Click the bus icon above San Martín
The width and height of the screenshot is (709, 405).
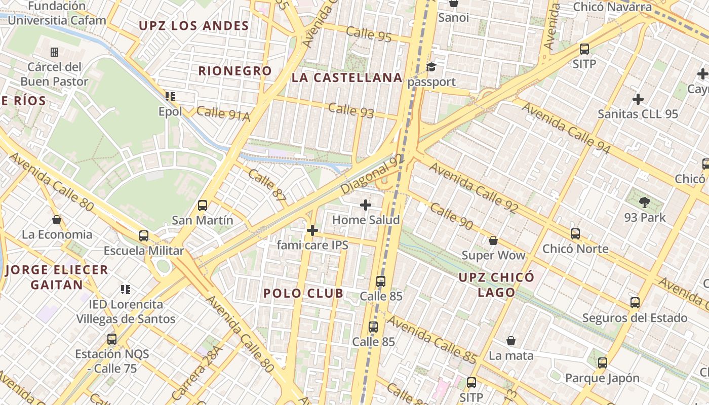[x=203, y=206]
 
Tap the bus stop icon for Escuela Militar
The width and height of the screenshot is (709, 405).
[x=144, y=236]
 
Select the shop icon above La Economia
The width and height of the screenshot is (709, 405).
[x=57, y=220]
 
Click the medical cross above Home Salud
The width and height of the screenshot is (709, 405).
[x=365, y=205]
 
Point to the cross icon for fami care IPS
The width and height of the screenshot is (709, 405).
[x=312, y=230]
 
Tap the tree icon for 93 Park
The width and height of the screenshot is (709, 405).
[x=644, y=203]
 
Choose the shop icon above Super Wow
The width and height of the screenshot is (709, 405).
[x=493, y=240]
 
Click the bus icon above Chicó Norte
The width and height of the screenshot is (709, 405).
[x=575, y=234]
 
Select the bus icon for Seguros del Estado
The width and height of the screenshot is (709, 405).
[x=635, y=303]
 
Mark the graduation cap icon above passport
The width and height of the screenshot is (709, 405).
[x=431, y=67]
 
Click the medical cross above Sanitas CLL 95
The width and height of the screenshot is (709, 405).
[x=638, y=99]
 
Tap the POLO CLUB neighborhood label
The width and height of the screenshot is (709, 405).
[x=303, y=293]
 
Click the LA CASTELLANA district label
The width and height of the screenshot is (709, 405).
[x=347, y=78]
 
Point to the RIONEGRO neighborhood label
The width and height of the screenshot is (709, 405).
[x=235, y=71]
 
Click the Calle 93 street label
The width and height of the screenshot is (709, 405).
[x=351, y=110]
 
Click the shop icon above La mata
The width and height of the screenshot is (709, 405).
[x=511, y=341]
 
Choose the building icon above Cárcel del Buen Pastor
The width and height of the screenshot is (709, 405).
[x=54, y=52]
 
